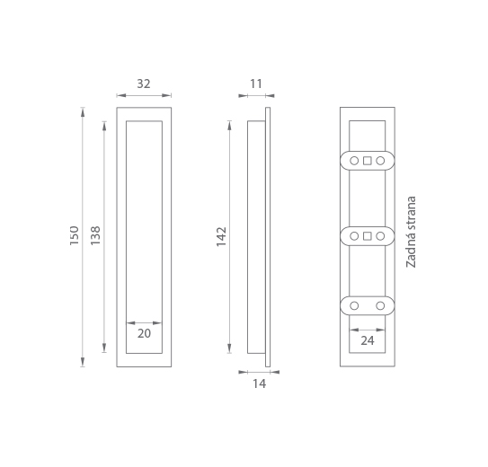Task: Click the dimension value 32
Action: pos(144,84)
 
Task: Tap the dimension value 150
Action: pos(75,235)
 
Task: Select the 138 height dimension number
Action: pos(95,235)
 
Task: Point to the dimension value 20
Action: pos(144,333)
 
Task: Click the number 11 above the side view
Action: pos(256,84)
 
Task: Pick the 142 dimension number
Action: pos(221,237)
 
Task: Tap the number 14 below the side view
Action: pos(259,383)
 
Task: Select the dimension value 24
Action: pos(368,340)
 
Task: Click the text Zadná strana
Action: pos(411,232)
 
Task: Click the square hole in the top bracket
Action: pos(368,161)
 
